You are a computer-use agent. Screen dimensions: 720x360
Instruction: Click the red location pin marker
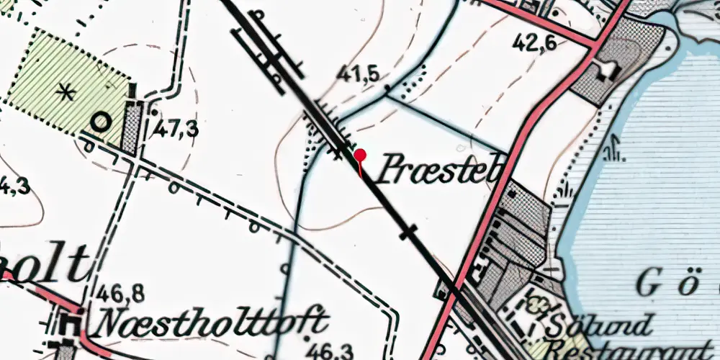360,156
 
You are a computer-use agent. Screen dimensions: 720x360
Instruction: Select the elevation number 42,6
534,44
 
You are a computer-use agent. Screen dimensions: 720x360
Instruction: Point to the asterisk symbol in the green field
66,91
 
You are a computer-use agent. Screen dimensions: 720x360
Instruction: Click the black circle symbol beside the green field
100,122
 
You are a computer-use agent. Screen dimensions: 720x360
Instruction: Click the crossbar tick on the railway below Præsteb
408,232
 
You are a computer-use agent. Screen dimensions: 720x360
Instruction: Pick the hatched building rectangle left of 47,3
131,127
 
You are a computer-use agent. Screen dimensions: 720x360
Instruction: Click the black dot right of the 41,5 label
387,90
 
